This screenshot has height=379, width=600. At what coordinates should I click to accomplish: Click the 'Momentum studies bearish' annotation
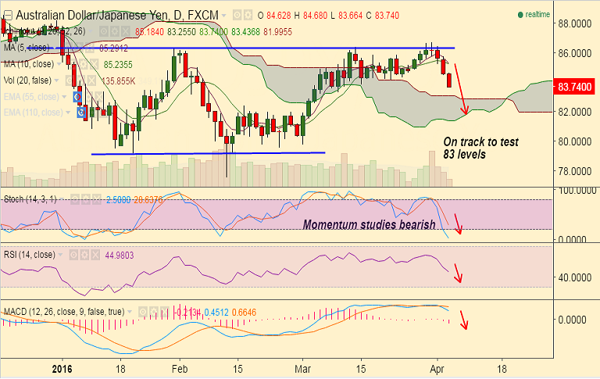(x=369, y=225)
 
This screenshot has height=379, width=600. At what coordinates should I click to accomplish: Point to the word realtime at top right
(x=537, y=15)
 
